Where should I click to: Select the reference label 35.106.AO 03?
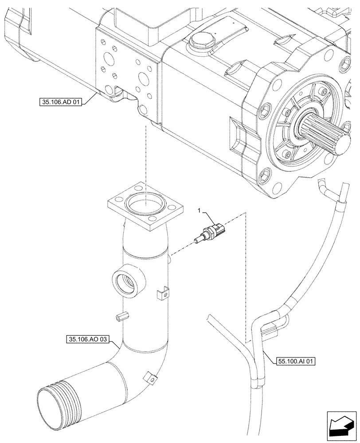pos(87,340)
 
